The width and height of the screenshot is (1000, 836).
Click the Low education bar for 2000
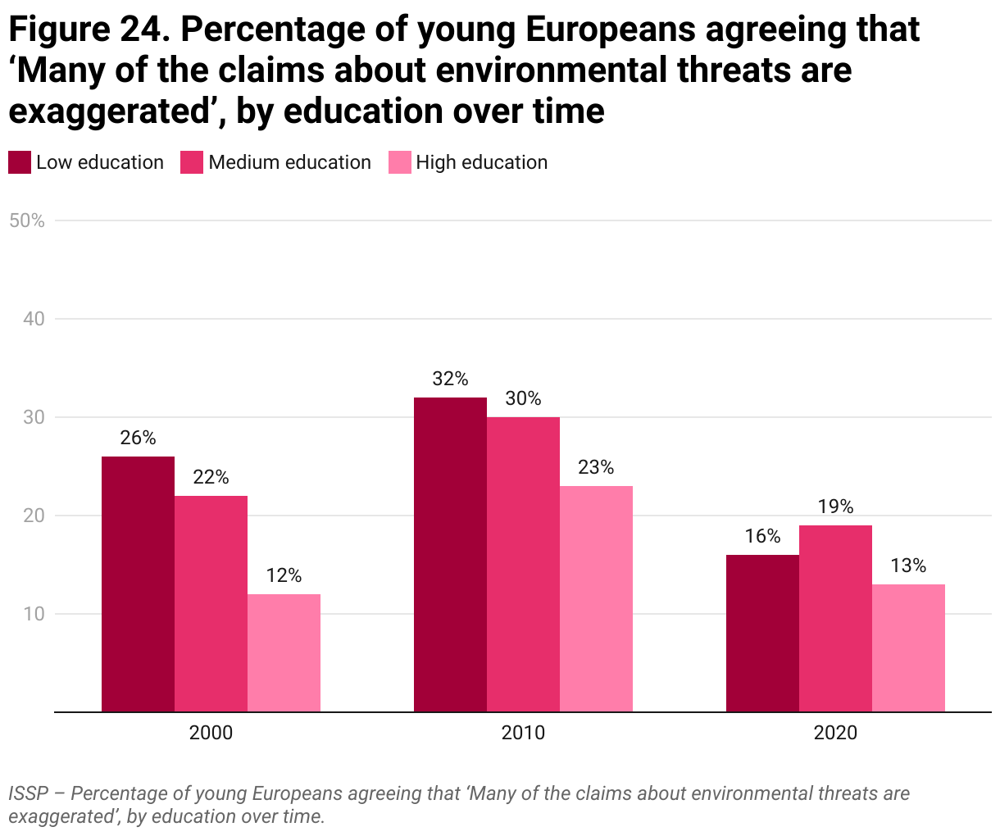(138, 584)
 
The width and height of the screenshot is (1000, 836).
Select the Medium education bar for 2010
(523, 564)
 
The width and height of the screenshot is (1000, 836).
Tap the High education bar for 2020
(908, 647)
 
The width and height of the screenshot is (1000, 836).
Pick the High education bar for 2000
(284, 652)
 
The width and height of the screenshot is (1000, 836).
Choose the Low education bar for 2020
(762, 633)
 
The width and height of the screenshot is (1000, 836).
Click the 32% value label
(450, 379)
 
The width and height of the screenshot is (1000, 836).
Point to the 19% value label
(835, 507)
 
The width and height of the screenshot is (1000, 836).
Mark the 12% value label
(284, 575)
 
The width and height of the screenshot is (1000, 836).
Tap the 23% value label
(596, 467)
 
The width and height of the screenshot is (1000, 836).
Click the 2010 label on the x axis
(523, 732)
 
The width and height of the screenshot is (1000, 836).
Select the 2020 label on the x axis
(835, 732)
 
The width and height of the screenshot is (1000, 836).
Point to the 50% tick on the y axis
(27, 220)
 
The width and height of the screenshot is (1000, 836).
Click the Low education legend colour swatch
(20, 162)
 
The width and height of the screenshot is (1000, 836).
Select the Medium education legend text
(289, 162)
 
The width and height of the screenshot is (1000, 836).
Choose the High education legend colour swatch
(399, 162)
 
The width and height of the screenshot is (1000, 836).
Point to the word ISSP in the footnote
(28, 793)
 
